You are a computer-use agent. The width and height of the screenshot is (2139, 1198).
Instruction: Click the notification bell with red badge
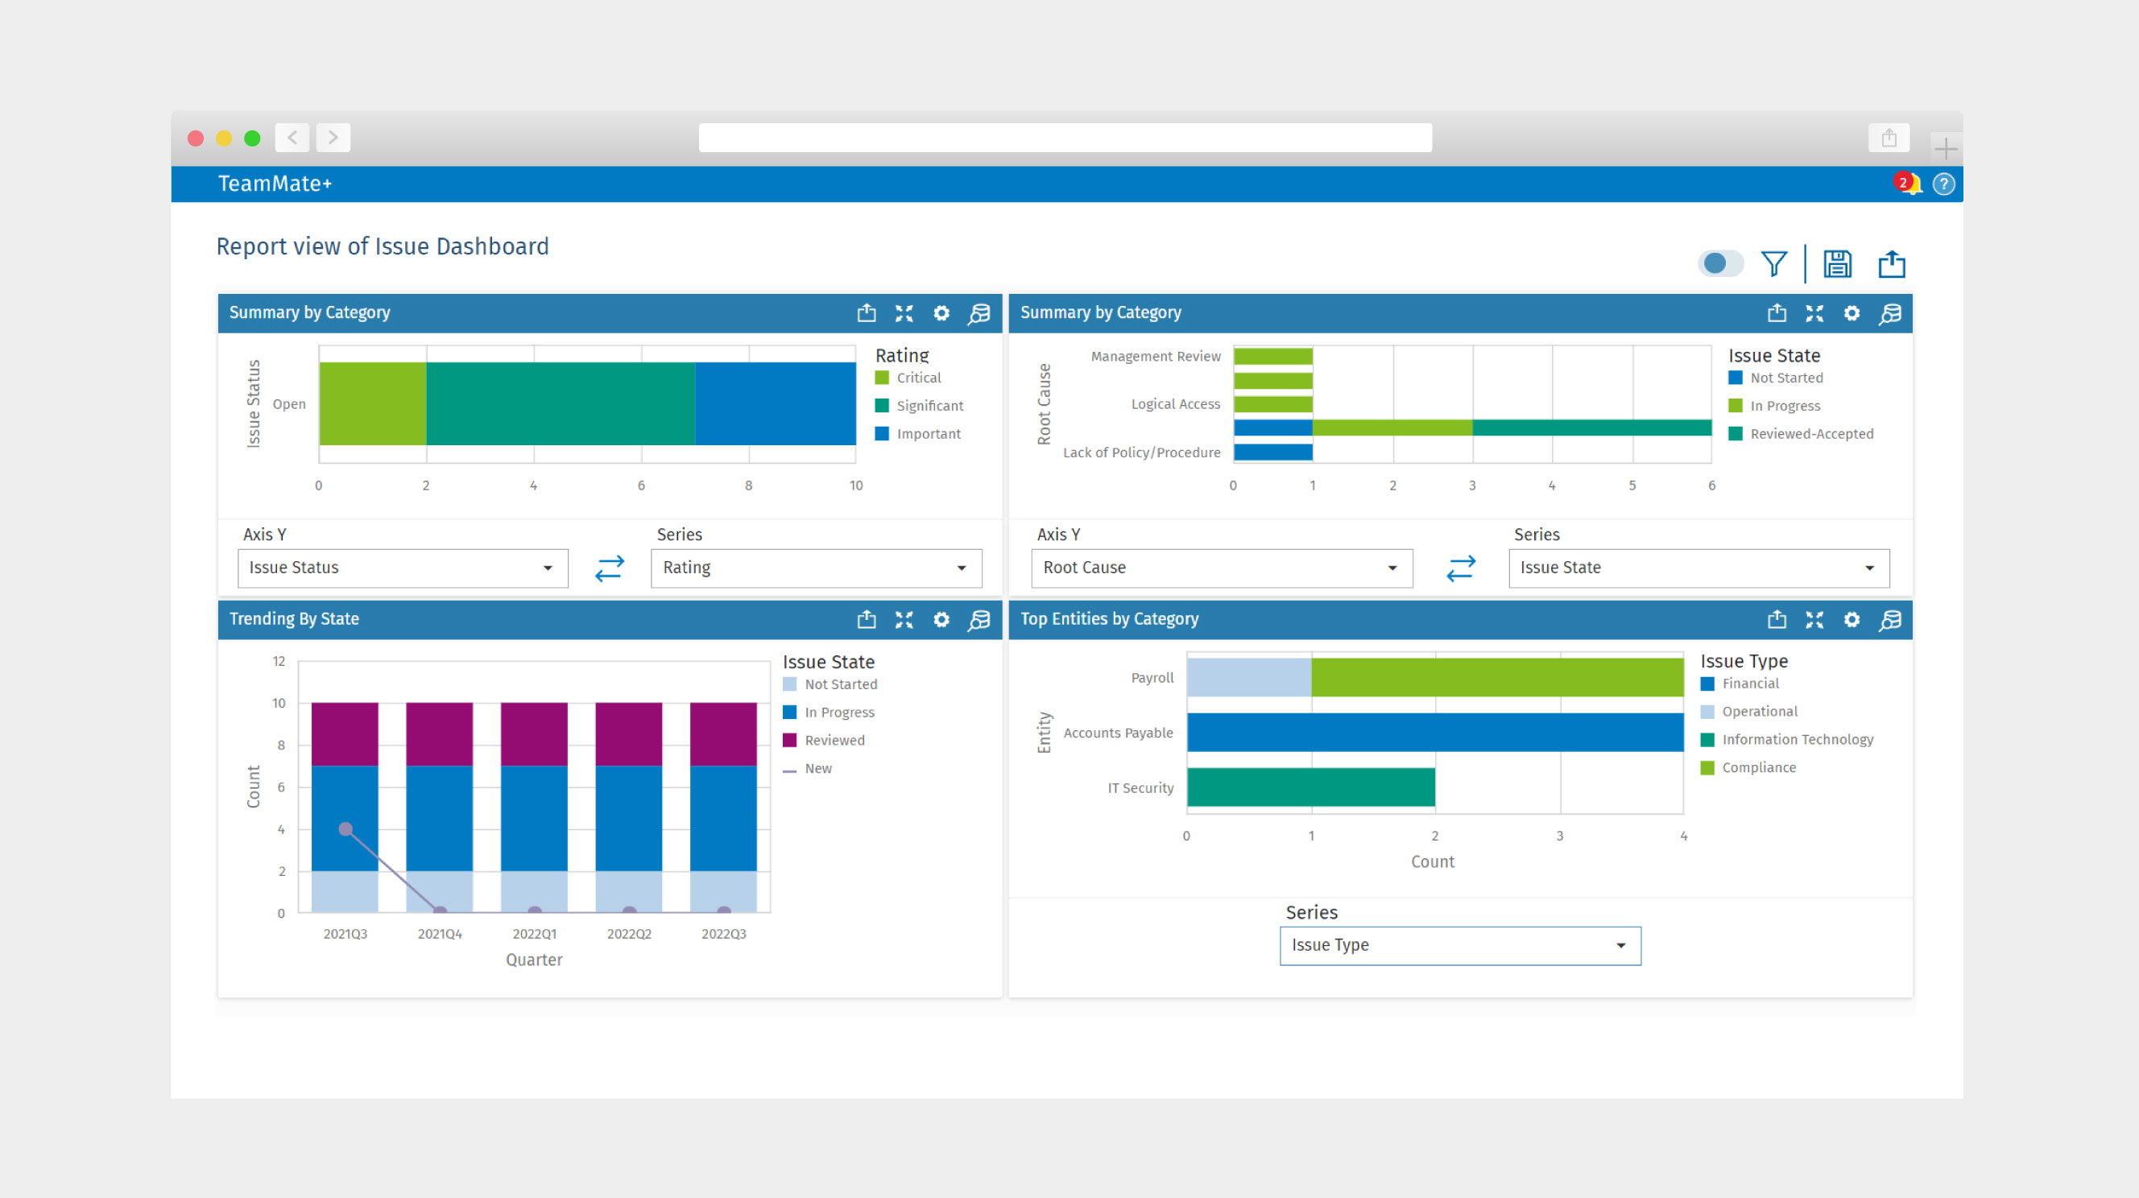[1908, 184]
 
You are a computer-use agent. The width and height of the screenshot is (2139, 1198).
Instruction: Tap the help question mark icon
[1943, 184]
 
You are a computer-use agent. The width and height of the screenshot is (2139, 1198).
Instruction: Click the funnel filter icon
[1773, 264]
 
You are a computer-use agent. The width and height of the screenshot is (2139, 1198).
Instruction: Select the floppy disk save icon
[1837, 264]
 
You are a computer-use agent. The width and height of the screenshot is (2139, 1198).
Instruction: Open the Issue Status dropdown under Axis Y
[403, 568]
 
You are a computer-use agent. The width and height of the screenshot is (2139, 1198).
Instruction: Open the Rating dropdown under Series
[815, 568]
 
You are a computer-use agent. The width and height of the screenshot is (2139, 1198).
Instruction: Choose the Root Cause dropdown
[1221, 568]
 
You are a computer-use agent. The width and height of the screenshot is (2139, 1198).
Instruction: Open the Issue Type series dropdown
[1459, 946]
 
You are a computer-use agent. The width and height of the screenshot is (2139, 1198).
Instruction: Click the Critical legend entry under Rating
[917, 378]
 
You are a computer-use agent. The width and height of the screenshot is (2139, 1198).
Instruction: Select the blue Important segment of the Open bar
[775, 403]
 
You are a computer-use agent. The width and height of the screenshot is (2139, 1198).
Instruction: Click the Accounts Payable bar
[1434, 733]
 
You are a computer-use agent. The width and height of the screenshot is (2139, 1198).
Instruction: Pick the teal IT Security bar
[1310, 787]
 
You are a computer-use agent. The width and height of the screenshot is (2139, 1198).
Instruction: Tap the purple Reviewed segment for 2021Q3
[345, 734]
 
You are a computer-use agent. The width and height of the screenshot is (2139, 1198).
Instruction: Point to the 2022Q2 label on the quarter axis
[629, 934]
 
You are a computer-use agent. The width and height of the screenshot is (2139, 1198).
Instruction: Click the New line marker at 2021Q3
[345, 828]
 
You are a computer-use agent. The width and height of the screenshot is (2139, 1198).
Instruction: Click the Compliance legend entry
[1758, 767]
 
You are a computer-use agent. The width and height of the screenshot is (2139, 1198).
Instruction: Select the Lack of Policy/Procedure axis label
[1141, 452]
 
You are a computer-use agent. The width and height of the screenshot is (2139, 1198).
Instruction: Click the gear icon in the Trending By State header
[941, 619]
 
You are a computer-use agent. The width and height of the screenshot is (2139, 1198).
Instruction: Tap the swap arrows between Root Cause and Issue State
[1460, 568]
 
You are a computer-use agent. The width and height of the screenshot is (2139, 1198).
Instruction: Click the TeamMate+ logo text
[275, 184]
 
